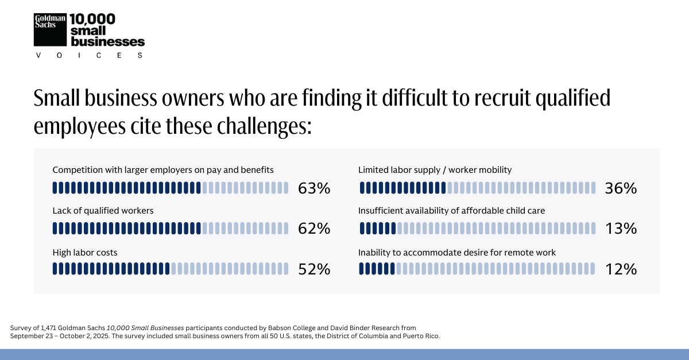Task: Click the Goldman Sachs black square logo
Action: tap(51, 29)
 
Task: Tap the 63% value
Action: tap(314, 188)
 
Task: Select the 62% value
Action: tap(314, 229)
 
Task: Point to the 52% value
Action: tap(314, 269)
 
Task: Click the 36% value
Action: tap(621, 188)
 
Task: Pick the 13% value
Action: tap(621, 229)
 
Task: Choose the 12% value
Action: tap(621, 269)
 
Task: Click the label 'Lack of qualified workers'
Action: tap(103, 211)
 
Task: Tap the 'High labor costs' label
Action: tap(85, 252)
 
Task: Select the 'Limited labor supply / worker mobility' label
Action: tap(435, 170)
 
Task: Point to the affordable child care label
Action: tap(451, 211)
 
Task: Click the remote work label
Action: tap(457, 252)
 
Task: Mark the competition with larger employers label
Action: tap(163, 170)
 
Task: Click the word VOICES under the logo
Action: tap(89, 55)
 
